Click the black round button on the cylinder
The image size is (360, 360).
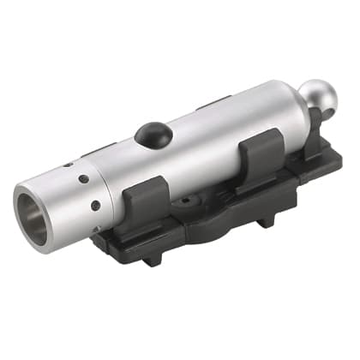[x=152, y=134]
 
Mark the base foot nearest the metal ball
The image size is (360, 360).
[x=267, y=220]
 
